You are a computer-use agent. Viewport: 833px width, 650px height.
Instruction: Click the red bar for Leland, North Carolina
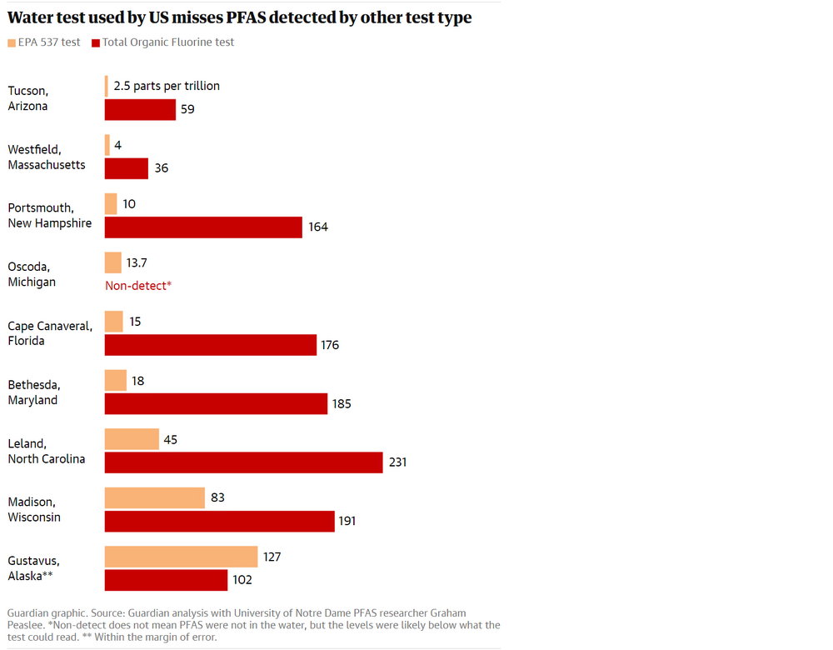[x=243, y=462]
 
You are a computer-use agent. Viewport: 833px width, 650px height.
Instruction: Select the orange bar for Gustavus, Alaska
[x=181, y=557]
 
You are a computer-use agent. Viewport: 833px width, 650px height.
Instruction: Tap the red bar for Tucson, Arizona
[x=140, y=109]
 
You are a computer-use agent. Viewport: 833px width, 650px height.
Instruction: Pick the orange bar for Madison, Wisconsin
[x=154, y=497]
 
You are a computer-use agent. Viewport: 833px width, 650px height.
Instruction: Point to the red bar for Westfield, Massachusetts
[x=126, y=168]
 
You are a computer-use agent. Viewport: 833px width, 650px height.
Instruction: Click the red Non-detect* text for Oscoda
[x=138, y=286]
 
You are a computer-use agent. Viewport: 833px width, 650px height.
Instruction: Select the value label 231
[x=397, y=462]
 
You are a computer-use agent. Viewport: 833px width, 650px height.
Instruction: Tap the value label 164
[x=318, y=227]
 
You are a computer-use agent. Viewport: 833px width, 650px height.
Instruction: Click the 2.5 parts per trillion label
[x=167, y=86]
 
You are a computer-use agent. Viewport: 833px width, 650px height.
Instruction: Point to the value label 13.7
[x=137, y=263]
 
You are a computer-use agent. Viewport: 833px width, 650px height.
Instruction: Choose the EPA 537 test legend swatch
[x=12, y=42]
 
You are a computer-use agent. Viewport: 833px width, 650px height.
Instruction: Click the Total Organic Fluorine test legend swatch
[x=96, y=42]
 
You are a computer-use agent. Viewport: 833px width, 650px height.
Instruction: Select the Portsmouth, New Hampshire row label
[x=50, y=216]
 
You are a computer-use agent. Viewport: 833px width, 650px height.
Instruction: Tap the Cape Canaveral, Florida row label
[x=50, y=333]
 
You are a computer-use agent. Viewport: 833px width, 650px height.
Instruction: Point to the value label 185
[x=342, y=404]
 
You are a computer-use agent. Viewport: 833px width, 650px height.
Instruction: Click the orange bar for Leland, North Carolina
[x=132, y=439]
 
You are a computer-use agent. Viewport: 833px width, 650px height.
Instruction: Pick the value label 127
[x=272, y=557]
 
